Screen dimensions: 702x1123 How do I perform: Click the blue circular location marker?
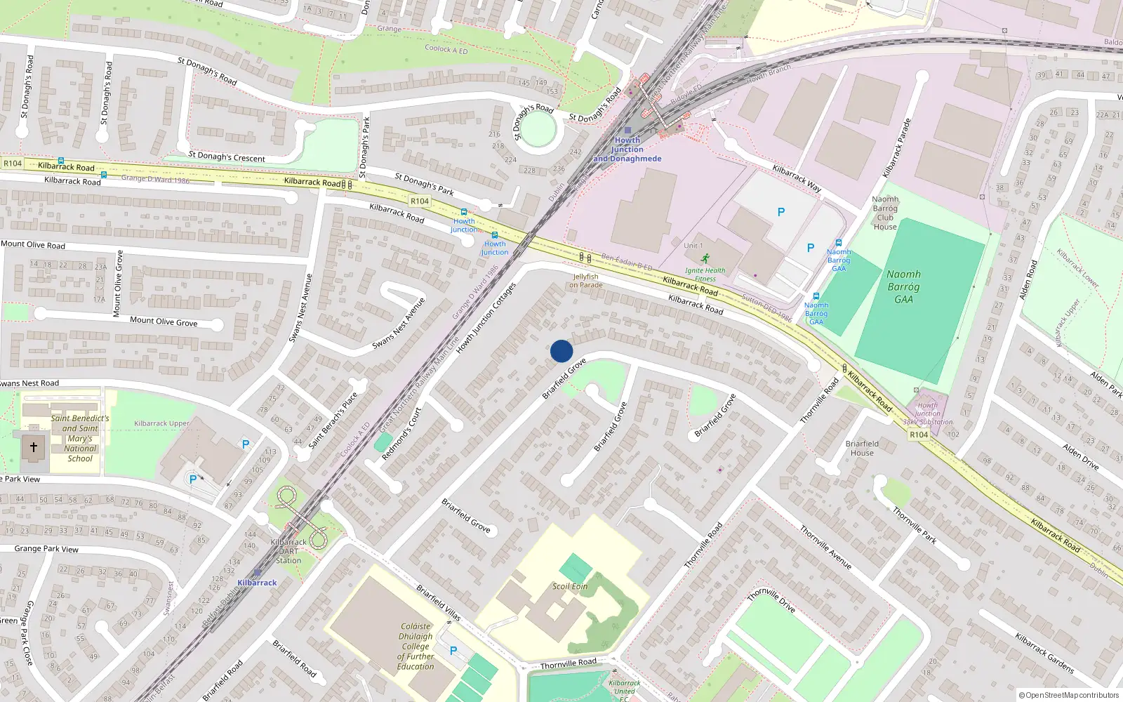tap(561, 351)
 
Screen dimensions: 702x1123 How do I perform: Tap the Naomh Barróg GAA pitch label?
tap(903, 286)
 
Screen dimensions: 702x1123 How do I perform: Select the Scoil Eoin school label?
tap(570, 586)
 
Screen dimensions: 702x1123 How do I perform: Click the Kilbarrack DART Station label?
tap(288, 551)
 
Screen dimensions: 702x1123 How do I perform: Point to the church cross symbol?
tap(33, 447)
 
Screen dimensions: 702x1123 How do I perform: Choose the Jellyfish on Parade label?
tap(585, 281)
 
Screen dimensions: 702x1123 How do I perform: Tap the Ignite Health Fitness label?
tap(705, 274)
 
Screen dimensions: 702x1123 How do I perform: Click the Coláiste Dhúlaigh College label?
tap(416, 647)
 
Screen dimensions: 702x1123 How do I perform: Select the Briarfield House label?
tap(862, 448)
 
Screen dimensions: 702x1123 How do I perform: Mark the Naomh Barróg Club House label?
tap(885, 213)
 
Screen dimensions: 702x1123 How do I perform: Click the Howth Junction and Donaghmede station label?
tap(627, 150)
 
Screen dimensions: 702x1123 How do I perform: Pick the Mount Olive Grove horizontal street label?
tap(164, 322)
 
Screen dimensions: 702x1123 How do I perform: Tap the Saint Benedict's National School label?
tap(80, 438)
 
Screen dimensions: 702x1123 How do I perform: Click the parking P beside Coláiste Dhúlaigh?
tap(453, 651)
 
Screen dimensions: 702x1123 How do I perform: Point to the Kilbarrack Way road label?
tap(797, 178)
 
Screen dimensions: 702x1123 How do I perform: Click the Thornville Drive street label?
tap(771, 600)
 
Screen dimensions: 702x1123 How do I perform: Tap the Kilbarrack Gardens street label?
tap(1044, 653)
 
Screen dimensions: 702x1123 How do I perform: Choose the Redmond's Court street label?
tap(401, 434)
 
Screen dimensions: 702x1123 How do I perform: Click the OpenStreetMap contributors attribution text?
tap(1068, 696)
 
